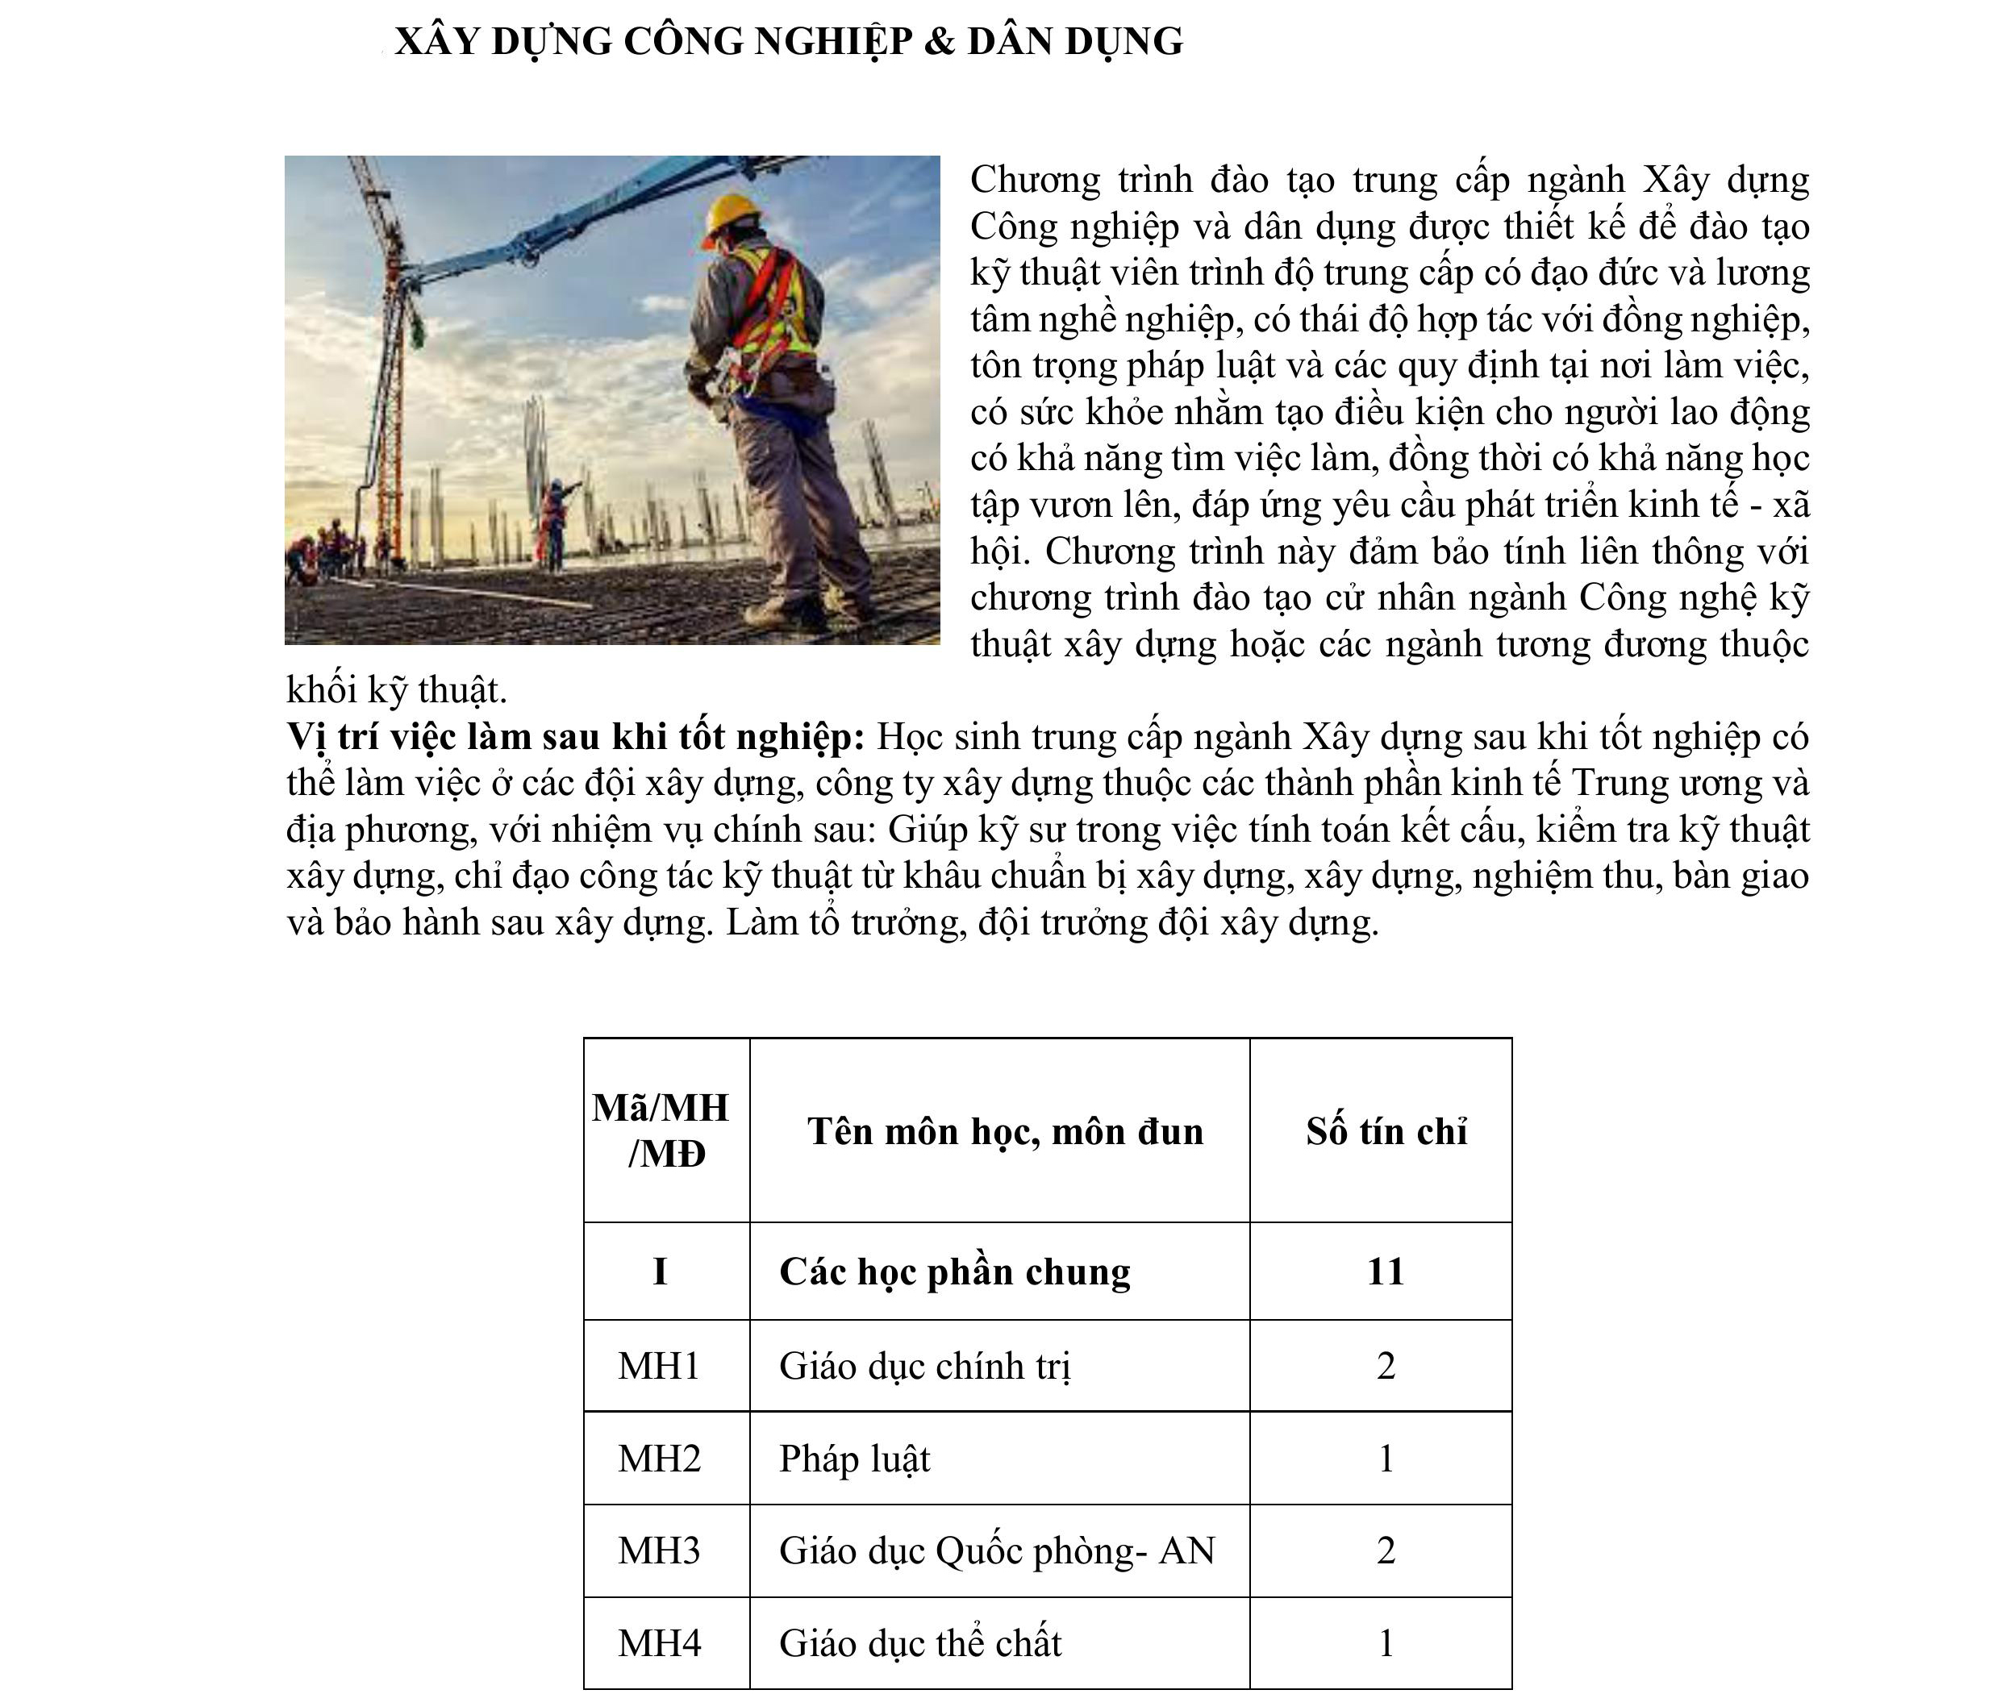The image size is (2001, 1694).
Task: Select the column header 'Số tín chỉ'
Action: click(x=1386, y=1131)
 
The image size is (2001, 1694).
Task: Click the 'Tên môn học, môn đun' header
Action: click(x=1004, y=1131)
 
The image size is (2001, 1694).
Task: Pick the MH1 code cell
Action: click(x=659, y=1366)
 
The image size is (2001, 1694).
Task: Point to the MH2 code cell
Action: click(x=659, y=1458)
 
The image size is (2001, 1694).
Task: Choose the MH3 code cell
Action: click(x=659, y=1550)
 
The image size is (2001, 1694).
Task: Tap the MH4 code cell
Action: click(x=659, y=1643)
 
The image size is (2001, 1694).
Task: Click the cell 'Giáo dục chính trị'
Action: click(x=924, y=1366)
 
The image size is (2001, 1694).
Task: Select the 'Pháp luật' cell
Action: click(x=854, y=1459)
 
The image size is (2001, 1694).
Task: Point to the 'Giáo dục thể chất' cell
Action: click(x=919, y=1643)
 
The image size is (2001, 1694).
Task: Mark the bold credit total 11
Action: click(x=1386, y=1272)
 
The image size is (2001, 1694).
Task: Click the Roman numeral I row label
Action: click(x=660, y=1272)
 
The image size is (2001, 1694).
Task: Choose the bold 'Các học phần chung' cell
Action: click(x=954, y=1272)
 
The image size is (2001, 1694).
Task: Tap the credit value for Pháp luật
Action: click(x=1386, y=1459)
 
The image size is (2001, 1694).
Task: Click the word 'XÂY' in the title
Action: click(x=436, y=41)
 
